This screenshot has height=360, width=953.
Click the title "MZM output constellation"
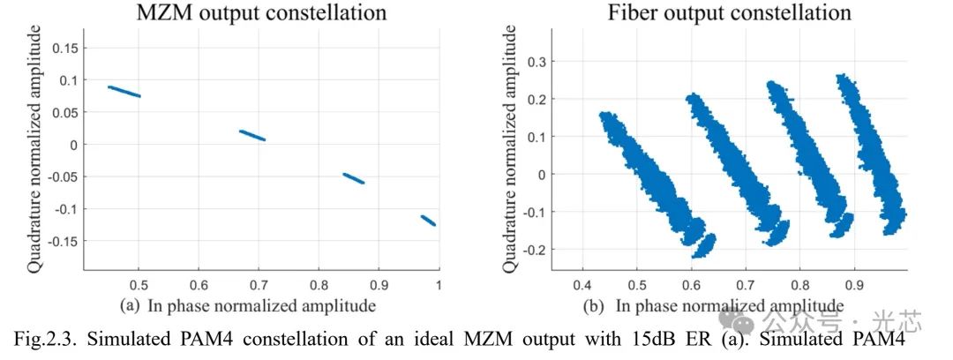tap(260, 12)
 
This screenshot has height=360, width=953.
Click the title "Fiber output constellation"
tap(728, 12)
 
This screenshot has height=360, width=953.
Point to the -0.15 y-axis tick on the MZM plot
tap(64, 241)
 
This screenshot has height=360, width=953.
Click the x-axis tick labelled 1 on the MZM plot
tap(438, 285)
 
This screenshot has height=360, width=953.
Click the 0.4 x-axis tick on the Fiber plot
tap(582, 285)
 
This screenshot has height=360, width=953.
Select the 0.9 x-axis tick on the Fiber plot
tap(853, 285)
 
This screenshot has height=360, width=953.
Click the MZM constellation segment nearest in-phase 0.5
tap(124, 92)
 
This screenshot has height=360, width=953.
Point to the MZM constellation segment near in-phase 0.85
tap(354, 178)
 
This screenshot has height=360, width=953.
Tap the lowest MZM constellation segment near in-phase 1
tap(428, 220)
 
